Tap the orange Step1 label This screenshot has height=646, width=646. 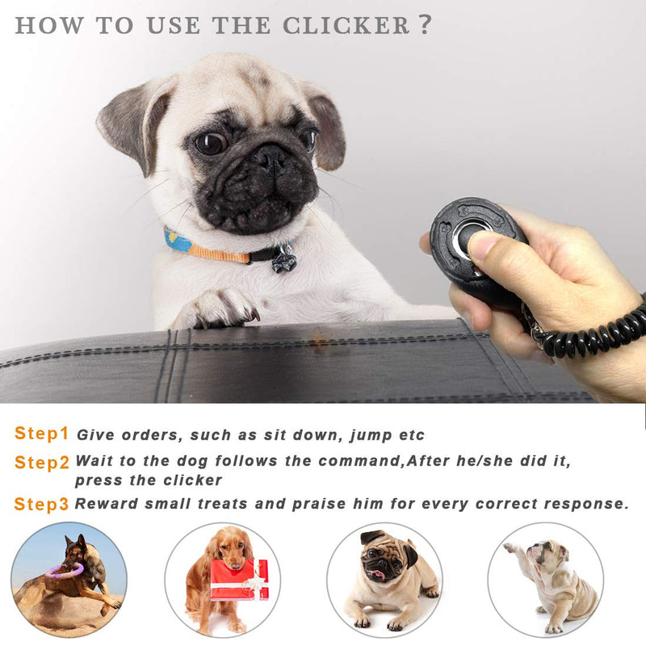point(41,434)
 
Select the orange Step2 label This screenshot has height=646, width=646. point(41,463)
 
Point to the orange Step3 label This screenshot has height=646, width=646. point(41,505)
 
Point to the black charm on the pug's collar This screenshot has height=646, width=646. point(283,259)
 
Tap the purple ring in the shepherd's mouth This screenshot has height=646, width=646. point(65,571)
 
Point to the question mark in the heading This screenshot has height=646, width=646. point(425,24)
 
